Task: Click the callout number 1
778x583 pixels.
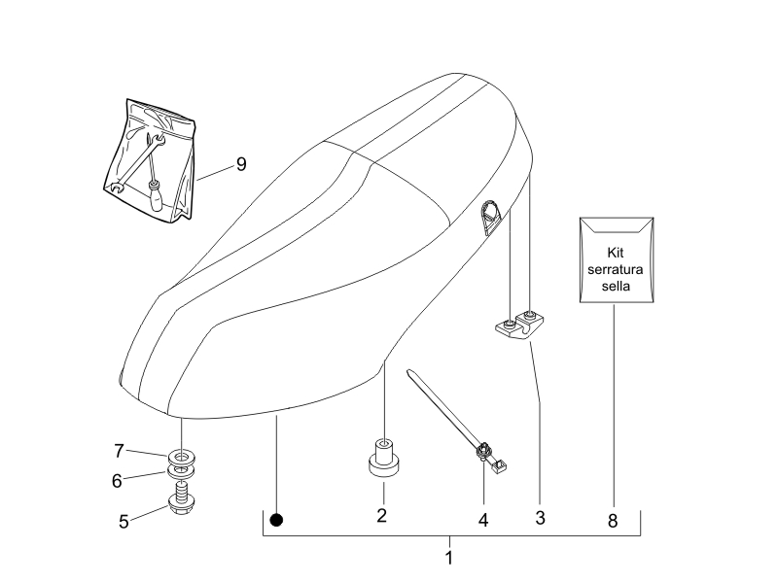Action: pyautogui.click(x=449, y=559)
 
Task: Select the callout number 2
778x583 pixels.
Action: pyautogui.click(x=382, y=515)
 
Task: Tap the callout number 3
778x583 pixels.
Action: pyautogui.click(x=540, y=518)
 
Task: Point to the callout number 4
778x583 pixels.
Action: pyautogui.click(x=482, y=520)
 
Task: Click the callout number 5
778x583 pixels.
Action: pyautogui.click(x=124, y=521)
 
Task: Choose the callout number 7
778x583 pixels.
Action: pyautogui.click(x=119, y=450)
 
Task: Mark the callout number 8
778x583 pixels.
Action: pyautogui.click(x=613, y=521)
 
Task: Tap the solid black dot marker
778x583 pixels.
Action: pyautogui.click(x=276, y=520)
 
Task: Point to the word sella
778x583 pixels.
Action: pyautogui.click(x=616, y=288)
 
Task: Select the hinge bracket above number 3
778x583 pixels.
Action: pyautogui.click(x=516, y=326)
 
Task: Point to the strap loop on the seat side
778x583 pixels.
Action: pyautogui.click(x=491, y=216)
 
